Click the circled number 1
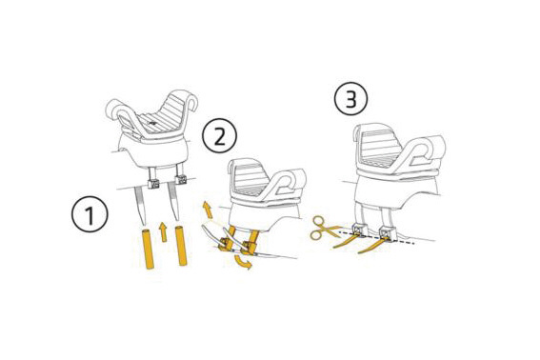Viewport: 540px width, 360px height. [90, 214]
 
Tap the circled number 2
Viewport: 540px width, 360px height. [219, 136]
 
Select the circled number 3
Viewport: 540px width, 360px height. [350, 99]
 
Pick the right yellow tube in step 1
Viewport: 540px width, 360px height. [181, 246]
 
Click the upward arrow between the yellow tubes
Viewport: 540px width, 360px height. [164, 231]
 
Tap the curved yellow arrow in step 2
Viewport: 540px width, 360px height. [243, 263]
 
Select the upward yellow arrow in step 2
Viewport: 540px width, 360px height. [208, 210]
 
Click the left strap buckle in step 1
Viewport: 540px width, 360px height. [153, 184]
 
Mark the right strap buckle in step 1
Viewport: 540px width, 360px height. [180, 179]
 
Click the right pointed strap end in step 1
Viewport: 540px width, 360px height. [173, 203]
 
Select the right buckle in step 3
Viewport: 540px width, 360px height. [386, 233]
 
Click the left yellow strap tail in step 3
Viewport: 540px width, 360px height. [346, 242]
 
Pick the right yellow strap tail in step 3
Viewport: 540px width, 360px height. [371, 247]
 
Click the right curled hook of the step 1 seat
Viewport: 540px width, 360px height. [187, 100]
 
